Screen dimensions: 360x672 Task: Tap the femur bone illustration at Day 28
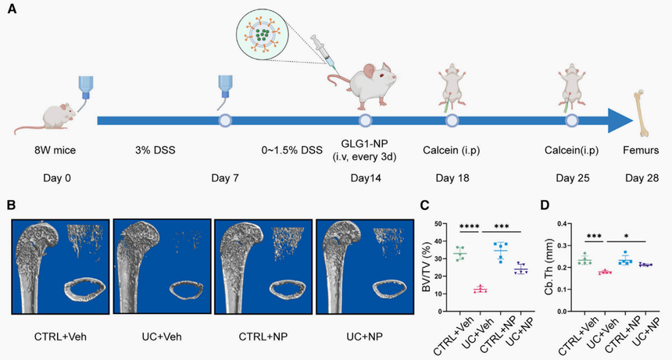646,112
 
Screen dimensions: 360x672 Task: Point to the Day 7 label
224,178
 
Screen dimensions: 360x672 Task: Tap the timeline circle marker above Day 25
571,121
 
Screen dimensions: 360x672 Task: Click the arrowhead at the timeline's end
620,121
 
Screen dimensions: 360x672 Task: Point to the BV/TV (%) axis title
427,260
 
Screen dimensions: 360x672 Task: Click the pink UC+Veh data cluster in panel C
480,289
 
